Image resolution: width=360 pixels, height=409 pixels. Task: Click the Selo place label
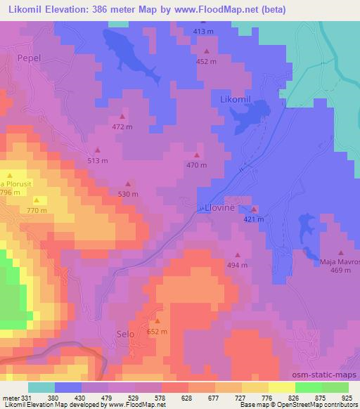(125, 336)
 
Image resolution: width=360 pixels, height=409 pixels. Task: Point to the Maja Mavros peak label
(340, 262)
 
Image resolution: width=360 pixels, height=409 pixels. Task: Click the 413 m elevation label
(202, 32)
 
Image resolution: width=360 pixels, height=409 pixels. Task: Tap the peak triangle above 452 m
(207, 51)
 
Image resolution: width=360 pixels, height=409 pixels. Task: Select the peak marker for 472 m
(122, 117)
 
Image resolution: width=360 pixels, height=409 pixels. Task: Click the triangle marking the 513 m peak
(98, 150)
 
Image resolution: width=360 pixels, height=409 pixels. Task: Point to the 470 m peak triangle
(197, 155)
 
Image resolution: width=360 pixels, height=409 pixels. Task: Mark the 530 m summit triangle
(128, 183)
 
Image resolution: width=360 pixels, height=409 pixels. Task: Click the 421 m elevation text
(253, 219)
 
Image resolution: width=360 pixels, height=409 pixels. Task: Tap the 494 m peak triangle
(238, 255)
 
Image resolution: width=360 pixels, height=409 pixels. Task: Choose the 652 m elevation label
(157, 332)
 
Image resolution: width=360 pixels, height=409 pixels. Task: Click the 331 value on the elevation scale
(29, 397)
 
